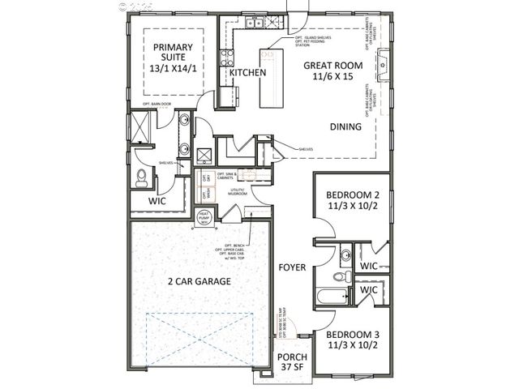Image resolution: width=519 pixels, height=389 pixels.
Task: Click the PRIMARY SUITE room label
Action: coord(170,58)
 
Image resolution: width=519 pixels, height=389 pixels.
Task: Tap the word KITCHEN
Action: coord(247,73)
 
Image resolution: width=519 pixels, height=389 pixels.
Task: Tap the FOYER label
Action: coord(291,267)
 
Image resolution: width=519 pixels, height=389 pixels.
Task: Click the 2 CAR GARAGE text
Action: coord(199,282)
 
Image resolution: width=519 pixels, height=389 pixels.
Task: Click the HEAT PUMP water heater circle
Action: coord(205,217)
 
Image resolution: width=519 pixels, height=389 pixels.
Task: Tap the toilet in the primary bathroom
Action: coord(142,176)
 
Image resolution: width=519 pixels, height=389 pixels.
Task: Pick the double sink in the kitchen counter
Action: coord(255,24)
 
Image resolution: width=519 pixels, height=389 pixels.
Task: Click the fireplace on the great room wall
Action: coord(385,61)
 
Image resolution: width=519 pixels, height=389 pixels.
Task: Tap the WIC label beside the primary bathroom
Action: coord(157,201)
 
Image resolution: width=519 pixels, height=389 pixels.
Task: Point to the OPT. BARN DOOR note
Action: coord(155,105)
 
